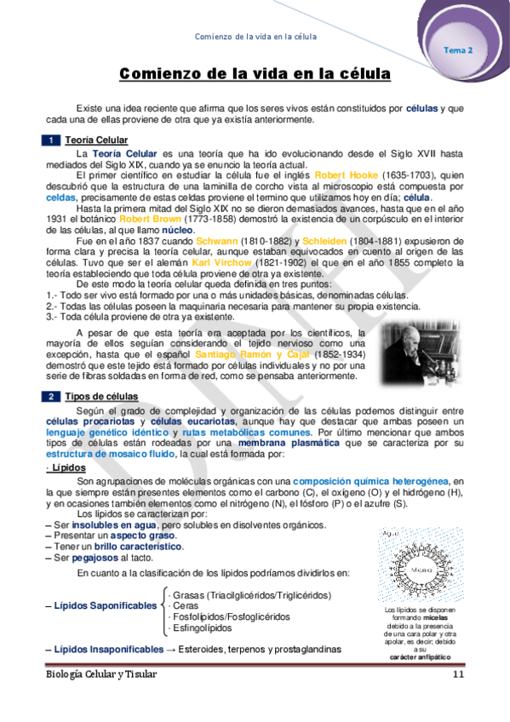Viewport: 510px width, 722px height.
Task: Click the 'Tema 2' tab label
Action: pos(459,50)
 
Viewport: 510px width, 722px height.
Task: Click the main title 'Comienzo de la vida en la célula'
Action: pos(255,75)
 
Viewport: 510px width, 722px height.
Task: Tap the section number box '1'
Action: pos(52,140)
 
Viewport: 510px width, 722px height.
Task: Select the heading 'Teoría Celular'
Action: pos(96,140)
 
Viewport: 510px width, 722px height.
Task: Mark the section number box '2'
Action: pos(52,397)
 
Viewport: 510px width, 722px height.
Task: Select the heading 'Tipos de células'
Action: pos(100,397)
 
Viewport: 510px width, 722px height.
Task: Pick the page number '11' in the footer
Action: pos(458,674)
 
